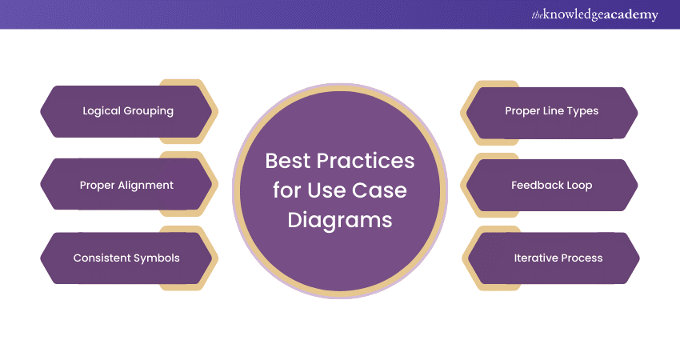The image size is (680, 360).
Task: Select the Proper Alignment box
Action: pos(126,185)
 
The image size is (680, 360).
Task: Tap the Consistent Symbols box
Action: pos(126,258)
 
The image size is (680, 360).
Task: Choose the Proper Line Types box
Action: pos(551,111)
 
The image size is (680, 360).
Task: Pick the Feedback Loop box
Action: pos(551,185)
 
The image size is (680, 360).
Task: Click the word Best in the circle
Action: pos(290,161)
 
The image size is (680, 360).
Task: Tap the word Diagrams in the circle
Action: pos(341,219)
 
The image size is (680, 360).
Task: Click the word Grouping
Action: pos(148,111)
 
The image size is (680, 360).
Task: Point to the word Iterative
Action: pos(535,258)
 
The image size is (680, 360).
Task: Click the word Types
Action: pos(582,111)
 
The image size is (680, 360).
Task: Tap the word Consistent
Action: pos(102,258)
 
